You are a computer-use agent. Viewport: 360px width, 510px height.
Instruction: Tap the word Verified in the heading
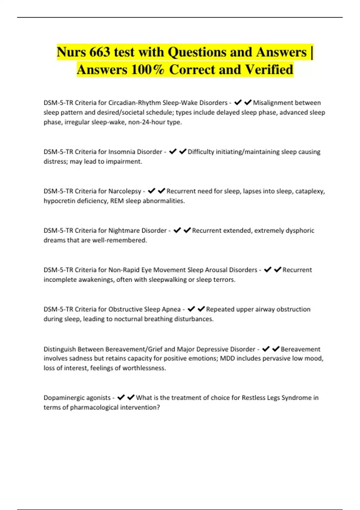pos(269,70)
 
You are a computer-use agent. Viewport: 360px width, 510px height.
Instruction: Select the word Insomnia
pos(121,152)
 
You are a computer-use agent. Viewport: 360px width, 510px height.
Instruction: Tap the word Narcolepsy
pos(124,191)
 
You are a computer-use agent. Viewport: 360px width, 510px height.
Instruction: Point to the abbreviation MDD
pos(227,358)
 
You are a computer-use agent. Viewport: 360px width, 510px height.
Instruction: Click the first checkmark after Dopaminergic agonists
pos(121,397)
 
